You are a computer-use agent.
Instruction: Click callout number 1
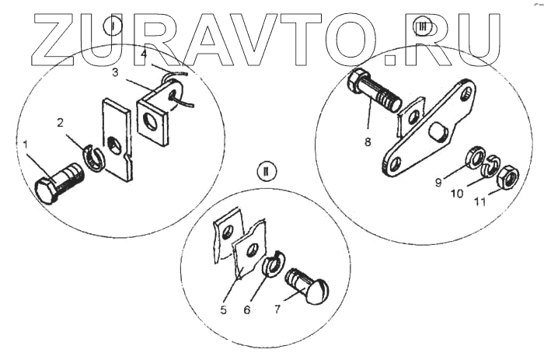click(x=27, y=145)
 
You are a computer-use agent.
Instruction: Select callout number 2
click(x=60, y=124)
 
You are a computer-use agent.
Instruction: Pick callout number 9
click(x=440, y=183)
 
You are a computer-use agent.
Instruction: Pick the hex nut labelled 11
click(x=507, y=178)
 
